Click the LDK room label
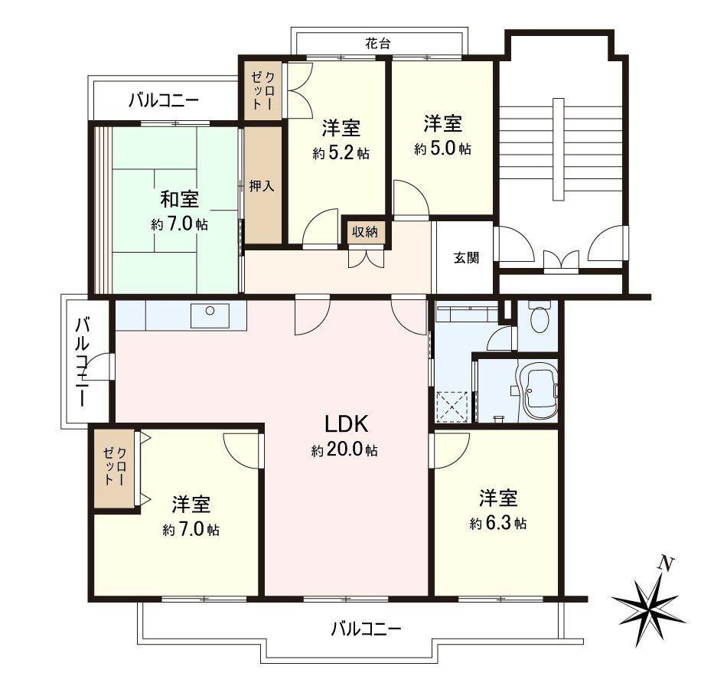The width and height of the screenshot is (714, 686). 346,424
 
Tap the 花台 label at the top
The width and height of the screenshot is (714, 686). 378,44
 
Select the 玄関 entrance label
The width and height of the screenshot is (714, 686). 466,258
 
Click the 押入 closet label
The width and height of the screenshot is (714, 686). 262,186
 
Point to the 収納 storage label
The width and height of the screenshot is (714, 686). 365,232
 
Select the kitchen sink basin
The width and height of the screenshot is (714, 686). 210,316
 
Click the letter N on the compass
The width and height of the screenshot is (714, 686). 666,564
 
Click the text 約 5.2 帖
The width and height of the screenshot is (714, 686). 341,153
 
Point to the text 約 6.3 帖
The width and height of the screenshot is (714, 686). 498,524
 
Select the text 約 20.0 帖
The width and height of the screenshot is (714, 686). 344,450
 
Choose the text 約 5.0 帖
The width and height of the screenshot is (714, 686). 442,149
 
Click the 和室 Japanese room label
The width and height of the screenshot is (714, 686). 179,199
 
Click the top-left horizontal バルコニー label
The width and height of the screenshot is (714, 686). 164,100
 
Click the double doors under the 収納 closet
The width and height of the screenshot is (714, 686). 366,258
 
